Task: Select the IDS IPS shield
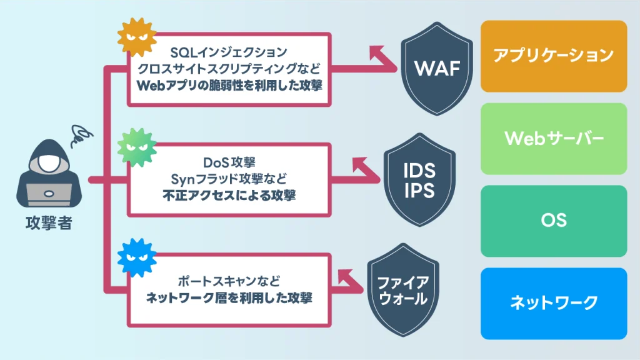(419, 181)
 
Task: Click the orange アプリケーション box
(553, 56)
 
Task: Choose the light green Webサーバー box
(553, 138)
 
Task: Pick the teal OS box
(553, 221)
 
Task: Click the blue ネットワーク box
(553, 303)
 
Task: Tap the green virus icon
(135, 147)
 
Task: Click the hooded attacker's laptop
(49, 194)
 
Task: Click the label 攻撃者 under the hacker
(49, 223)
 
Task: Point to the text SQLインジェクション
(229, 51)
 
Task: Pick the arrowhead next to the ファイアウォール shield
(346, 276)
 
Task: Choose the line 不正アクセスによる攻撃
(229, 196)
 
